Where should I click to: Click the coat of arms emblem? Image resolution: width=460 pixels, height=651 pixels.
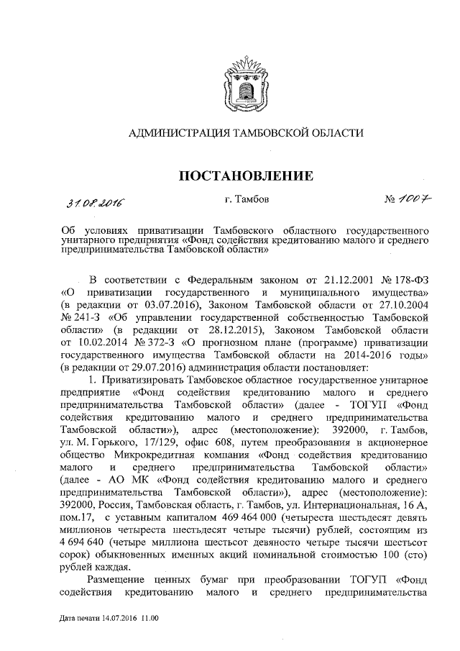(230, 80)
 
